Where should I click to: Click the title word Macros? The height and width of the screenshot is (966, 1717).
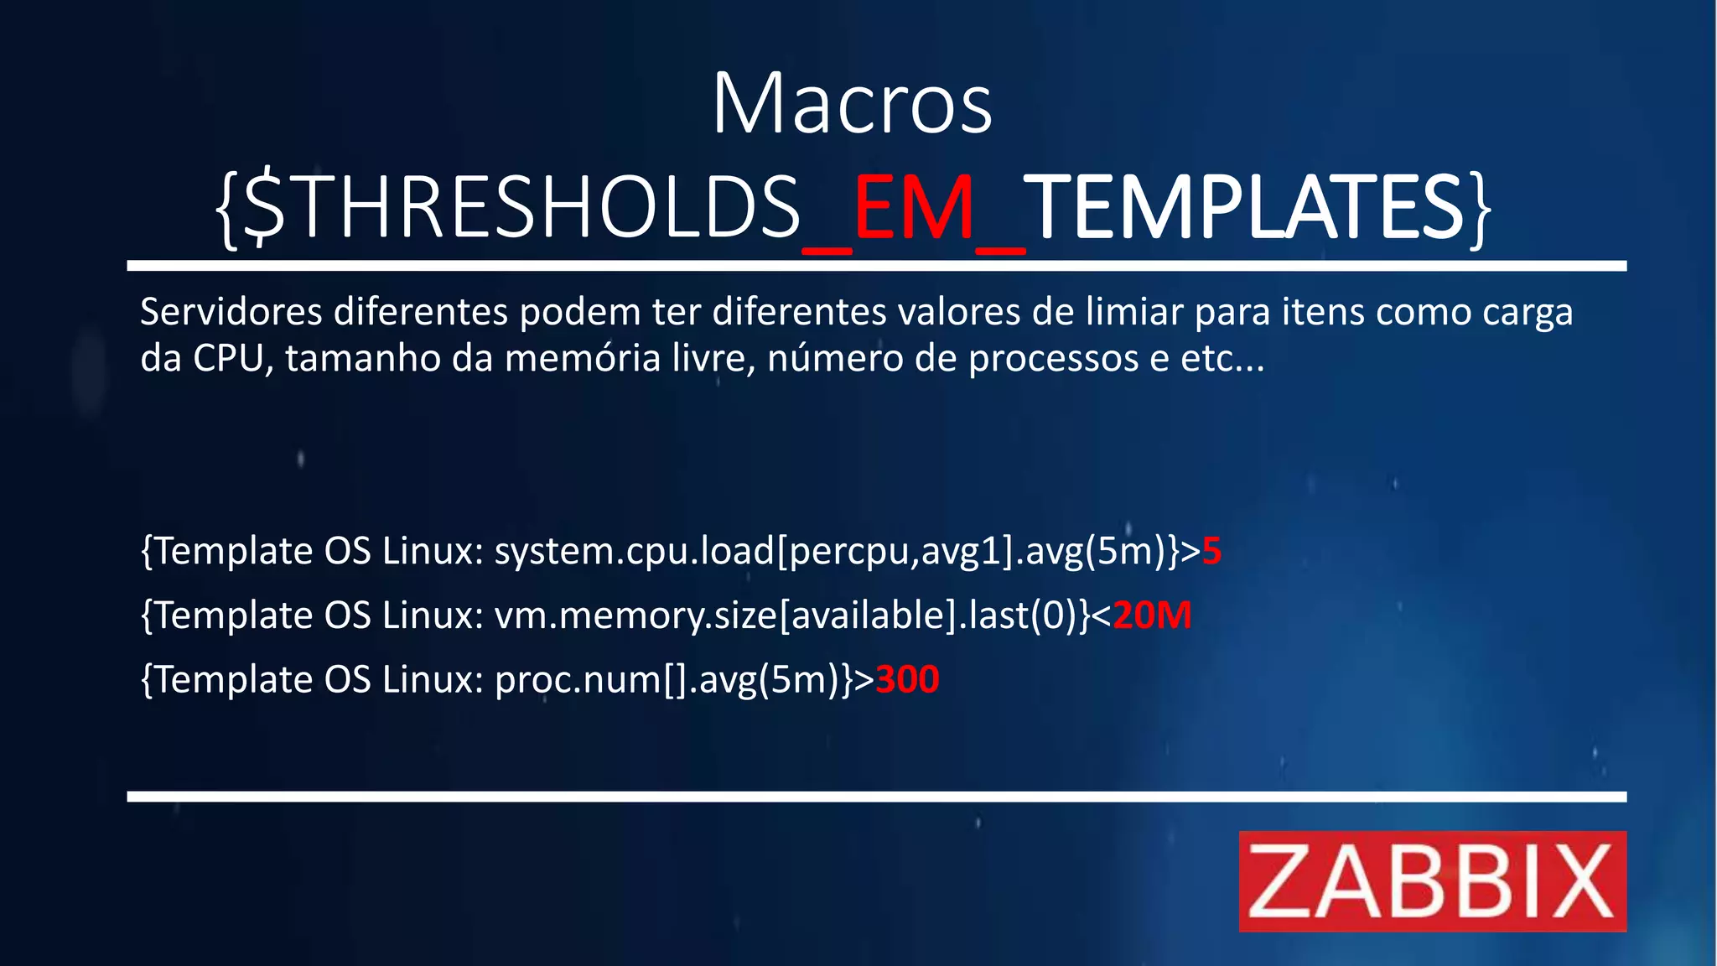click(852, 104)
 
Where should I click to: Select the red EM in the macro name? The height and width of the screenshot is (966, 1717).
click(914, 208)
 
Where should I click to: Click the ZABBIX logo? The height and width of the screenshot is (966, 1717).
click(1432, 881)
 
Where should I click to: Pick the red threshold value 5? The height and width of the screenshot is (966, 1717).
click(1211, 552)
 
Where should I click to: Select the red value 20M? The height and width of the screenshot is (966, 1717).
click(1152, 615)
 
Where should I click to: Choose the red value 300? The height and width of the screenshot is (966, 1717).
click(907, 679)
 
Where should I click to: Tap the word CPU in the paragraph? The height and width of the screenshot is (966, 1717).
click(228, 359)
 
